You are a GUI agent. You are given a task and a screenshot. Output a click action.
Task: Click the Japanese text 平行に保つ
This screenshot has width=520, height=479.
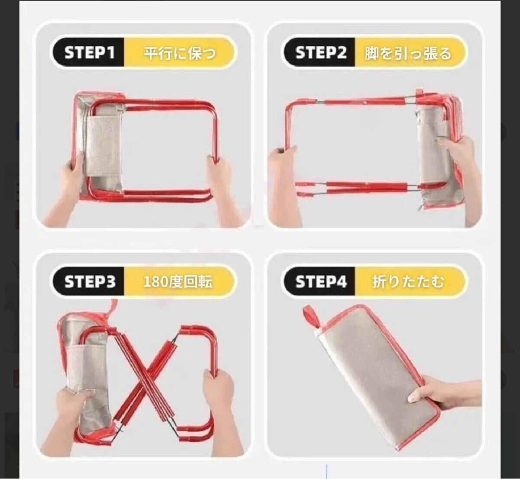180,53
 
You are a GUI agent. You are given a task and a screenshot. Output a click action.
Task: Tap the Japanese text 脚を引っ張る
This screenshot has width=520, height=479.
408,53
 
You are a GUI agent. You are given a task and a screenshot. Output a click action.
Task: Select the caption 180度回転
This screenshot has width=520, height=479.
178,282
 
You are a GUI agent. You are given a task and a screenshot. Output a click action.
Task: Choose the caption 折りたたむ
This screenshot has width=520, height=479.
408,282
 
